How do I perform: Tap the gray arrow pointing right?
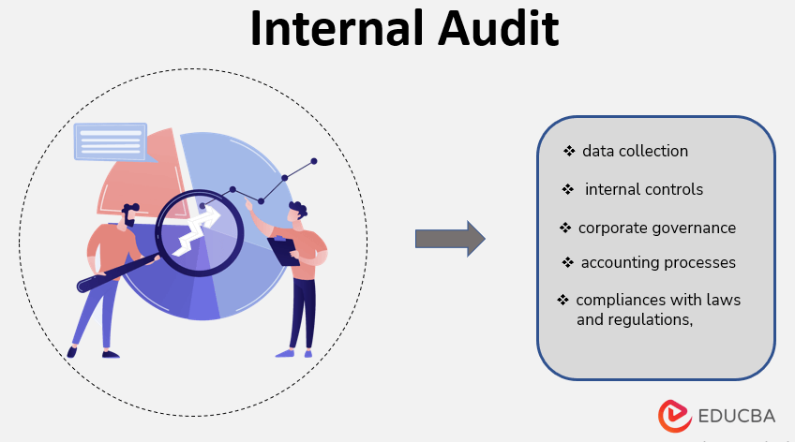449,239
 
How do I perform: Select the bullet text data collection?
635,151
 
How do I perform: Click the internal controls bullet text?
643,189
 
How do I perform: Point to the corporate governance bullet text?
656,228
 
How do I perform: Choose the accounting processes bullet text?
657,262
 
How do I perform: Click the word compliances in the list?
623,300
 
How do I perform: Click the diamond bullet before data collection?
568,151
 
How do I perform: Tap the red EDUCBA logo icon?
675,416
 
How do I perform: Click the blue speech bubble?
110,141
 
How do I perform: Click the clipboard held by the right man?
282,249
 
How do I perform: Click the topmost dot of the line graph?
314,161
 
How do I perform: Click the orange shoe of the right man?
285,353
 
